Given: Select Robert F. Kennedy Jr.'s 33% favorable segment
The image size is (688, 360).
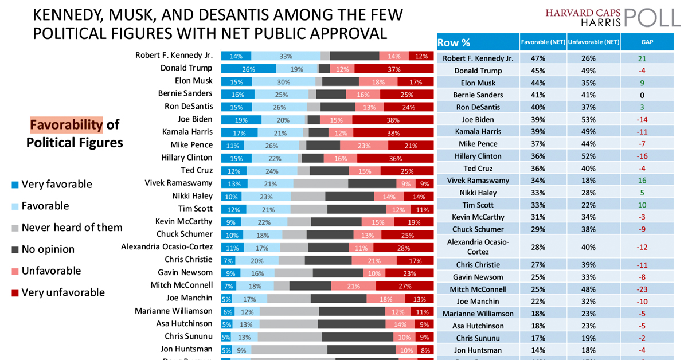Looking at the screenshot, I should pyautogui.click(x=286, y=56).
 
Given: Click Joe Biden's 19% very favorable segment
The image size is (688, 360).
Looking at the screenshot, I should pyautogui.click(x=241, y=120).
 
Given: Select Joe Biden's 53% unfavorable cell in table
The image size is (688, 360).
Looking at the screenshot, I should pyautogui.click(x=593, y=120).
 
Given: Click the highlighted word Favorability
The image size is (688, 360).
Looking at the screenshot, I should pyautogui.click(x=66, y=124).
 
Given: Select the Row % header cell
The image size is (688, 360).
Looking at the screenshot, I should pyautogui.click(x=454, y=42).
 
